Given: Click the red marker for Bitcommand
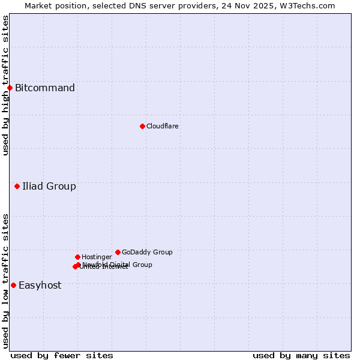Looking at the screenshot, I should point(10,88).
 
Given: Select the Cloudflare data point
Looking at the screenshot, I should point(142,126).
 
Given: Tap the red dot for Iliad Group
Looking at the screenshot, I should point(17,187).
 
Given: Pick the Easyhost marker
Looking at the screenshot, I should point(13,285).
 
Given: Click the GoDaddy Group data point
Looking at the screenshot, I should point(118,252).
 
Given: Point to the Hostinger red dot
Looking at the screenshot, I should point(77,257).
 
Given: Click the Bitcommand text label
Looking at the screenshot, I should point(45,88).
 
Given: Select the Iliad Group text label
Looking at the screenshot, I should point(49,187).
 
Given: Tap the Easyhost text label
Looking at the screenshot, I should point(40,286).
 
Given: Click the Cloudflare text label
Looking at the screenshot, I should point(163,126).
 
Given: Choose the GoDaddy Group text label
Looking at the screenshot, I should point(147,252).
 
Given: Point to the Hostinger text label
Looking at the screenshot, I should point(97,257).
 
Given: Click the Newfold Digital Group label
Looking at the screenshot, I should point(118,265).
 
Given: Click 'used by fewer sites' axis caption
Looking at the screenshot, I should point(62,355).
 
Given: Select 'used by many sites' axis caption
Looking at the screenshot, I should point(301,355).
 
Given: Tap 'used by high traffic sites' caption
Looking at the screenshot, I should point(5,85).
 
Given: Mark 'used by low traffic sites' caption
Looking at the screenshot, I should point(5,281).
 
